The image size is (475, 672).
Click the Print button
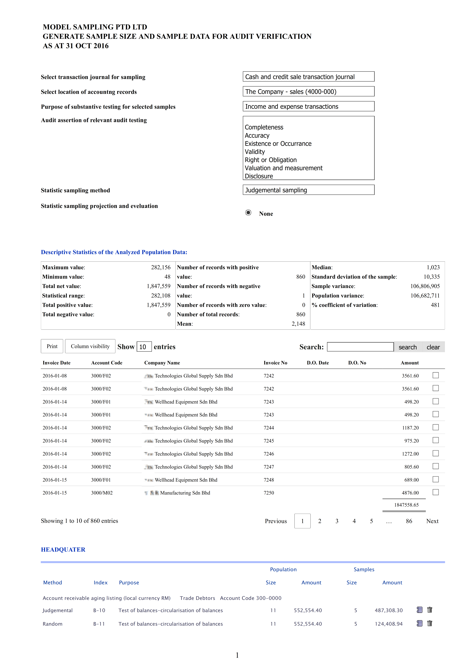(52, 346)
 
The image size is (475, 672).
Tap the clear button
(433, 347)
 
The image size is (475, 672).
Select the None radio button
(248, 213)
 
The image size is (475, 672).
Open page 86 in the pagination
(409, 521)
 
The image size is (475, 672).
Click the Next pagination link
(432, 521)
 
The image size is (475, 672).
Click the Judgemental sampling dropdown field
(308, 190)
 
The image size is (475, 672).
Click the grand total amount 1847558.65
(406, 505)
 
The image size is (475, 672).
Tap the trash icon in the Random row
(430, 623)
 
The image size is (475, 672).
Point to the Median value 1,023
(433, 267)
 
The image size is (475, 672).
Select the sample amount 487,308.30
(389, 610)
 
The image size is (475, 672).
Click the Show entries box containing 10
(144, 347)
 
